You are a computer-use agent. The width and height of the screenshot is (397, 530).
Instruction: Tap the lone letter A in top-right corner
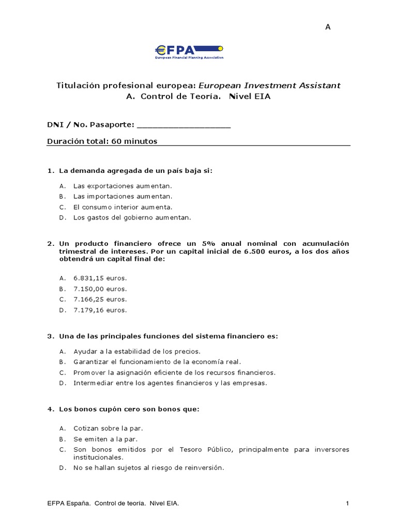click(x=327, y=27)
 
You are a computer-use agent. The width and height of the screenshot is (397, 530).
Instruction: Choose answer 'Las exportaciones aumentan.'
click(x=122, y=185)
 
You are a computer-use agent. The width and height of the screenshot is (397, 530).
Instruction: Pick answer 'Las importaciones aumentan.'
click(x=123, y=196)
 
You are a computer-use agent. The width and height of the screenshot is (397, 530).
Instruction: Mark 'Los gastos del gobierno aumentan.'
click(x=132, y=218)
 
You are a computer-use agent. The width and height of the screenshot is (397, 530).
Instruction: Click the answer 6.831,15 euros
click(x=100, y=278)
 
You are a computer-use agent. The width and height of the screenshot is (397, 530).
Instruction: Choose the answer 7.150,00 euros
click(x=100, y=289)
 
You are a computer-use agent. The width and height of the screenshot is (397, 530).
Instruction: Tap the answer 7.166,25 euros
click(x=100, y=299)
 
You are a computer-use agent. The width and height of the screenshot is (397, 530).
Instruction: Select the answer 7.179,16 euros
click(x=100, y=310)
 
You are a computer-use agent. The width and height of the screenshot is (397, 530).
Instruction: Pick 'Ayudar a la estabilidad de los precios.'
click(x=130, y=351)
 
